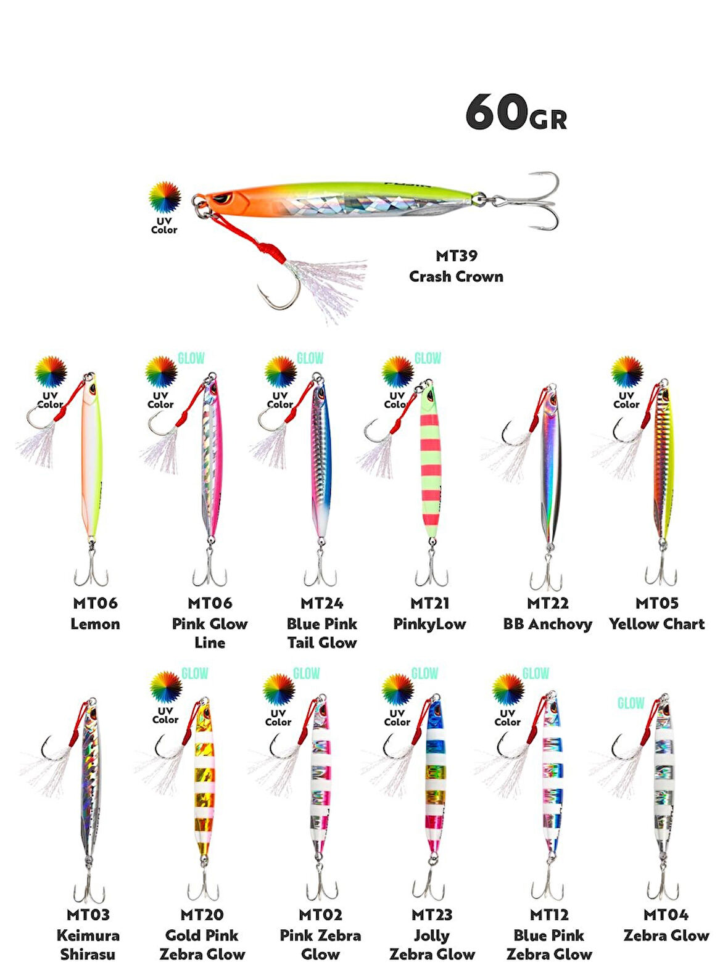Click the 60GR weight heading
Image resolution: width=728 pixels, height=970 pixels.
pyautogui.click(x=516, y=113)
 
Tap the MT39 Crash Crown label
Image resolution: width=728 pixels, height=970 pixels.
pyautogui.click(x=456, y=266)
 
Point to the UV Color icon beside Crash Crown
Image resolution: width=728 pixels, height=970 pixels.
pyautogui.click(x=164, y=207)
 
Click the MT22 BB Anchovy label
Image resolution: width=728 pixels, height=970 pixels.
pyautogui.click(x=547, y=614)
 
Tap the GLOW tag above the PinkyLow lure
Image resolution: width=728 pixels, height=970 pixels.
pyautogui.click(x=428, y=358)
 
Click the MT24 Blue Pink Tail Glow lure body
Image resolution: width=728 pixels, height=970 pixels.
pyautogui.click(x=320, y=462)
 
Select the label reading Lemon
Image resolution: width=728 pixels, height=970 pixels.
pyautogui.click(x=95, y=624)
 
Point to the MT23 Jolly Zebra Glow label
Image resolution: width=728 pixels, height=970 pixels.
pyautogui.click(x=432, y=934)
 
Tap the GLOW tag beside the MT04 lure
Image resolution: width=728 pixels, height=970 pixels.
pyautogui.click(x=631, y=703)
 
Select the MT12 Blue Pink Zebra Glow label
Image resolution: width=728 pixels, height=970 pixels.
pyautogui.click(x=549, y=934)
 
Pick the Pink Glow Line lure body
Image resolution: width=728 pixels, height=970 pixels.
pyautogui.click(x=211, y=462)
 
